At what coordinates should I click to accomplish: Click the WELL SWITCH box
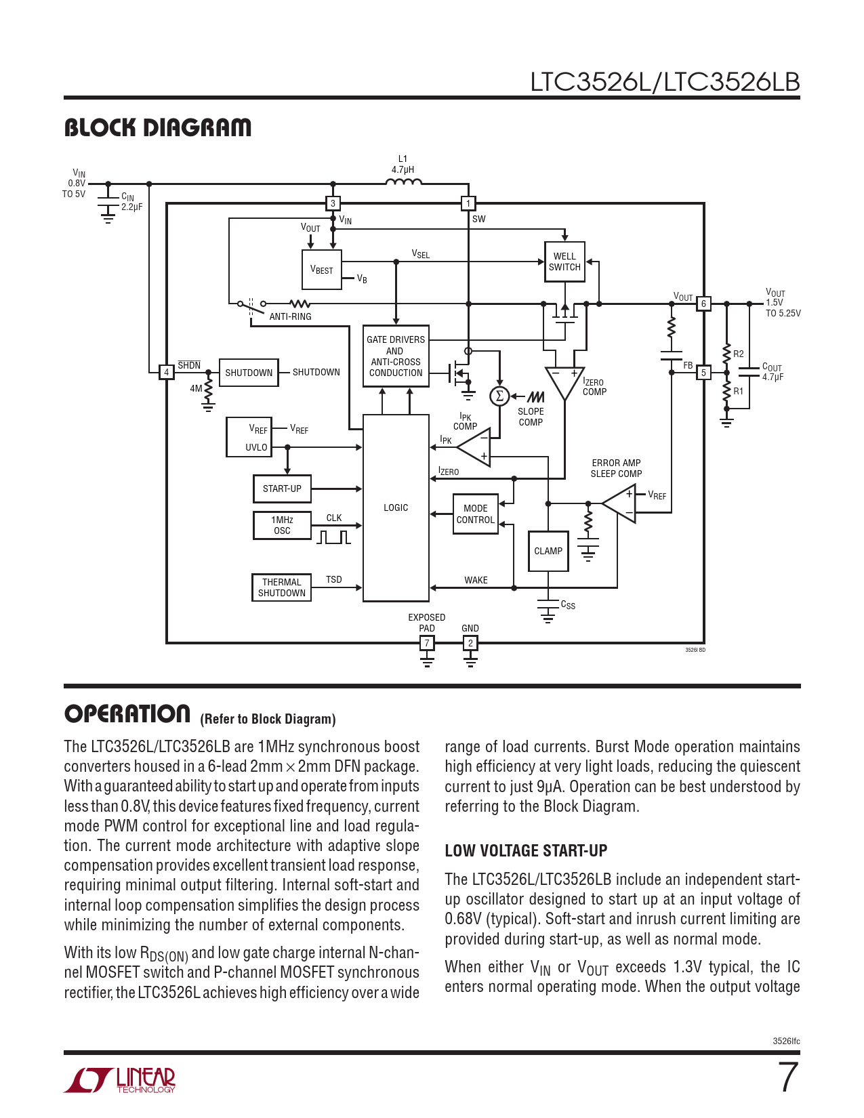point(564,262)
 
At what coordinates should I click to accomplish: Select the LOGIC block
point(396,508)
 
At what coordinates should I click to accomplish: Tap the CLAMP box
point(548,551)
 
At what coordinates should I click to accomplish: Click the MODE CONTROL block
point(475,514)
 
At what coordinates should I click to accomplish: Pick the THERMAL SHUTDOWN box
point(282,587)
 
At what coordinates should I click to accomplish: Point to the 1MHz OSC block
point(282,525)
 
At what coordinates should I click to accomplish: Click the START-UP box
point(282,489)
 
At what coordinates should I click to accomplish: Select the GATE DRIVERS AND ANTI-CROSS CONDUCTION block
point(396,356)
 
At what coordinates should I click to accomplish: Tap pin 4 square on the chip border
point(167,372)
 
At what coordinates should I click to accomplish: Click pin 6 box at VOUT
point(703,304)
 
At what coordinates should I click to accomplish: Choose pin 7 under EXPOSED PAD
point(427,643)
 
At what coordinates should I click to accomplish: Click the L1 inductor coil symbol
point(403,182)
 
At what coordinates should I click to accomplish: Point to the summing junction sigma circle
point(499,396)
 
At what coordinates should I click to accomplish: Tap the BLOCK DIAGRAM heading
point(158,127)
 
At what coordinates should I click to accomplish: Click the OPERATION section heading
point(127,714)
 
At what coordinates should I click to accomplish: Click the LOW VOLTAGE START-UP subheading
point(526,850)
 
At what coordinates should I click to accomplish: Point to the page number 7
point(787,1077)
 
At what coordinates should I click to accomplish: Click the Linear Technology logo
point(120,1080)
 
